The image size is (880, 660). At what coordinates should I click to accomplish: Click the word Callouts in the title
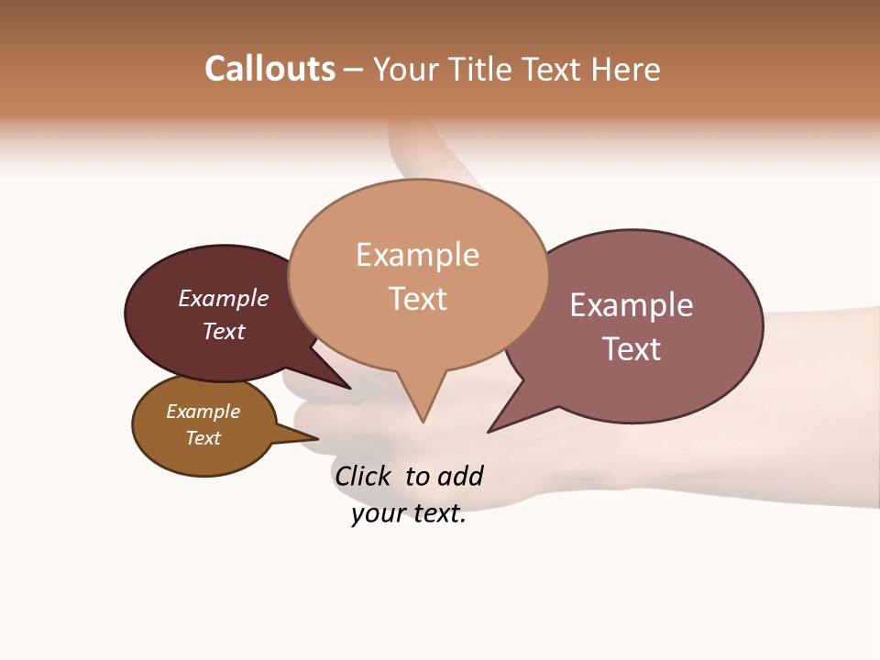[269, 69]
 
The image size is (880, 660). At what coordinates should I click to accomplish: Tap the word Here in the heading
[625, 70]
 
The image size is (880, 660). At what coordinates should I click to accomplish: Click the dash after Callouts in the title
[354, 70]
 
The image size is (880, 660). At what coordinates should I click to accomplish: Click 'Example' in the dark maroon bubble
[224, 298]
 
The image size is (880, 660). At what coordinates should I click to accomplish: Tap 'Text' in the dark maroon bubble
[224, 331]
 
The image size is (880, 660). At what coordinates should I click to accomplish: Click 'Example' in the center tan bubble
[417, 255]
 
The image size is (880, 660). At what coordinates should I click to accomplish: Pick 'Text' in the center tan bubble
[417, 299]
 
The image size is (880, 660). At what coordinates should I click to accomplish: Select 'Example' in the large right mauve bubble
[632, 304]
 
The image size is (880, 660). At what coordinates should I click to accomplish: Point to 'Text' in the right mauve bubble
[632, 348]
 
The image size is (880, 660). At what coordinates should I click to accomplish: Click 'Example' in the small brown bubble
[203, 412]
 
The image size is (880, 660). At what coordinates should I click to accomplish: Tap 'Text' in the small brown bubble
[203, 438]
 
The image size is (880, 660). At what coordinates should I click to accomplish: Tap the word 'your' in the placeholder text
[377, 514]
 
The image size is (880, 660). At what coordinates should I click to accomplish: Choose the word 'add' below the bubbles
[459, 476]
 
